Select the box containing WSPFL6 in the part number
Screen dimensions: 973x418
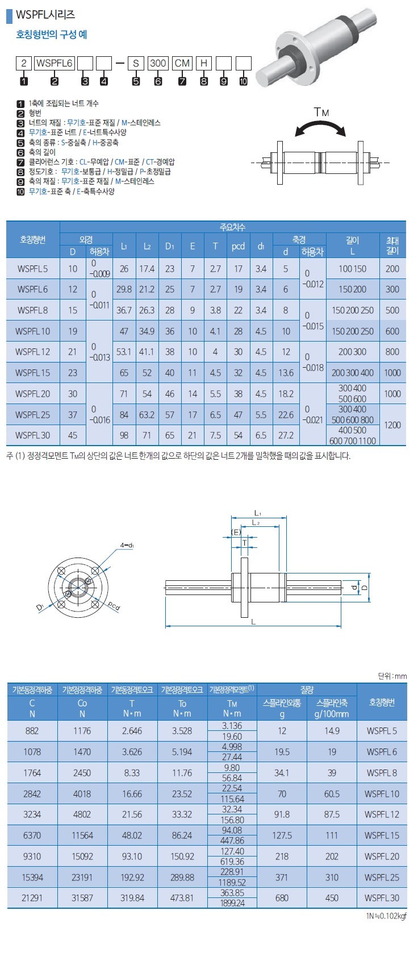55,63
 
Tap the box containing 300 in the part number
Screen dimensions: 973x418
157,63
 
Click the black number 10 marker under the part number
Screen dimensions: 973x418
243,81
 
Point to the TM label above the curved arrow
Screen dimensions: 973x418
321,113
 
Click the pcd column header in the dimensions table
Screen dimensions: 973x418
238,246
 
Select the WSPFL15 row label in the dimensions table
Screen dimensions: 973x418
32,373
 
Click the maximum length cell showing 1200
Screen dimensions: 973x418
392,425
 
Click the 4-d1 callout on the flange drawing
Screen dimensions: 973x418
127,545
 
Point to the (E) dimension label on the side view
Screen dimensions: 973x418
236,532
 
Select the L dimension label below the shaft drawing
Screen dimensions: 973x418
253,622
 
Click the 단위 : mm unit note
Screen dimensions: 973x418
392,676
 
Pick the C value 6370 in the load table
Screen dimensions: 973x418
32,835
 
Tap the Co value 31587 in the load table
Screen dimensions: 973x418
82,898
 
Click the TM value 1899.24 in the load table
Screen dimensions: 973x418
232,903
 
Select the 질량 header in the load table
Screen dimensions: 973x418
307,689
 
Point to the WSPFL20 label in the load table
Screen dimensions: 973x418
382,856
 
